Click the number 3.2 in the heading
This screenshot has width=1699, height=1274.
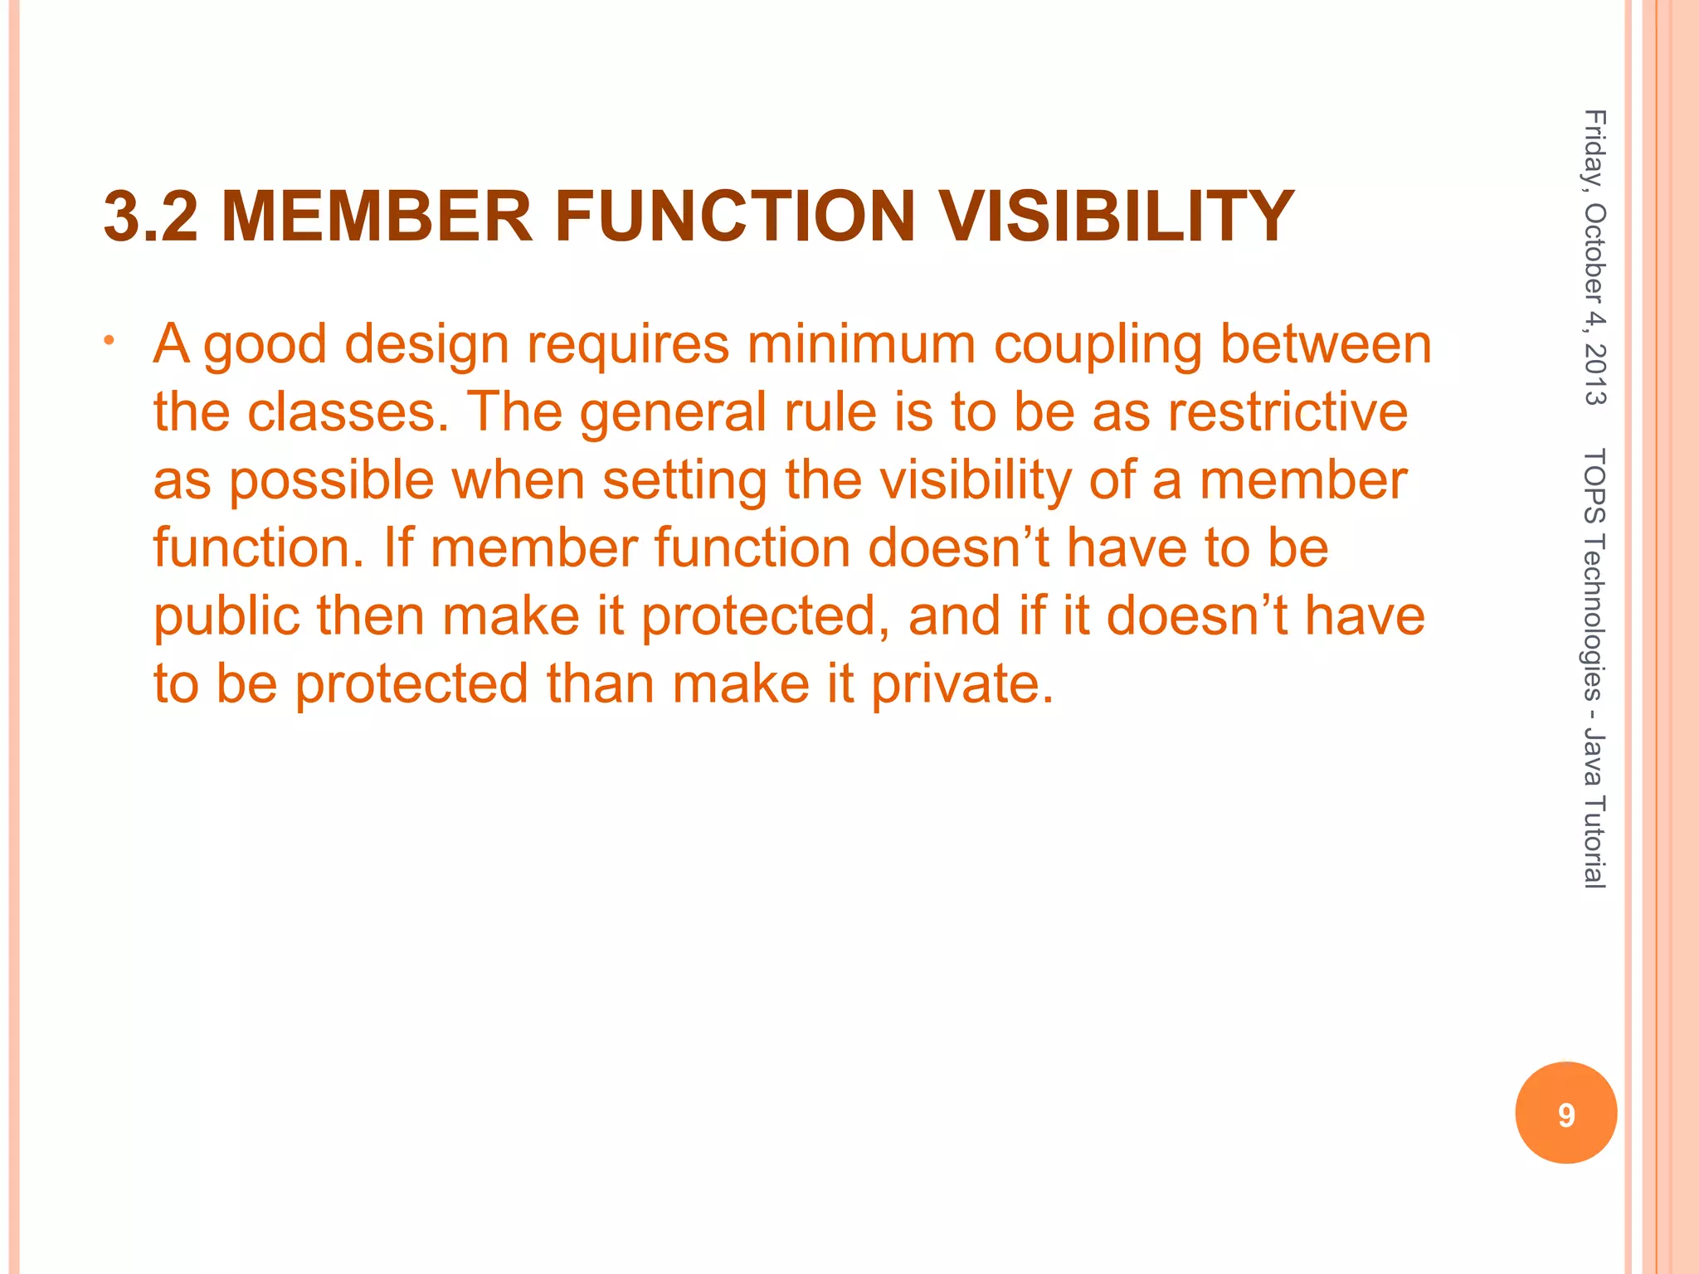point(151,217)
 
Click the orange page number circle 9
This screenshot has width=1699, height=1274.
point(1565,1113)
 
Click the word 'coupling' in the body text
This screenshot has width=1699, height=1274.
point(1098,346)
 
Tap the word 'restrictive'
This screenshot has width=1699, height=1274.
point(1288,412)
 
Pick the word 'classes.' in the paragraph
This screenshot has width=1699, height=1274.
point(348,412)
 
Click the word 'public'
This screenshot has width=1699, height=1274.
point(226,618)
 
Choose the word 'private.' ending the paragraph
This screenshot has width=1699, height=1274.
point(962,685)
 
